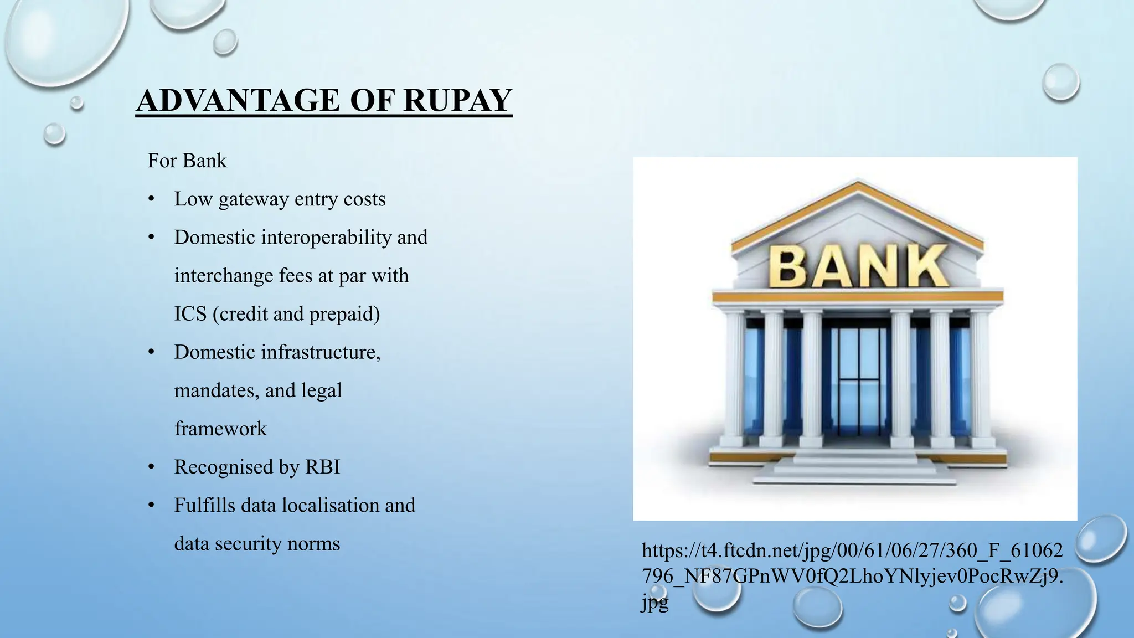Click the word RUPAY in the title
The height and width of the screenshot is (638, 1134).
pos(457,100)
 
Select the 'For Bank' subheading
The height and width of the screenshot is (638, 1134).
pos(187,161)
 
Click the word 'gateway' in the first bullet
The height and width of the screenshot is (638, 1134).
pos(254,199)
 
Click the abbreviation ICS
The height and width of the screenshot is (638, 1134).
pos(190,314)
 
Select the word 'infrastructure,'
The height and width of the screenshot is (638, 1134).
pos(321,352)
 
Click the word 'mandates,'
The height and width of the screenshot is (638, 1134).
pos(217,390)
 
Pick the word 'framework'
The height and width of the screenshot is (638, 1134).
pos(220,429)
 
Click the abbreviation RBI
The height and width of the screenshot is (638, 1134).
pos(322,467)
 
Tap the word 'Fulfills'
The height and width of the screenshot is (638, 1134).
pos(204,505)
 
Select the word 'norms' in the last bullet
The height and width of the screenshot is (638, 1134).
pos(313,543)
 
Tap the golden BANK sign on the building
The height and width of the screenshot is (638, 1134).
pos(858,266)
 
